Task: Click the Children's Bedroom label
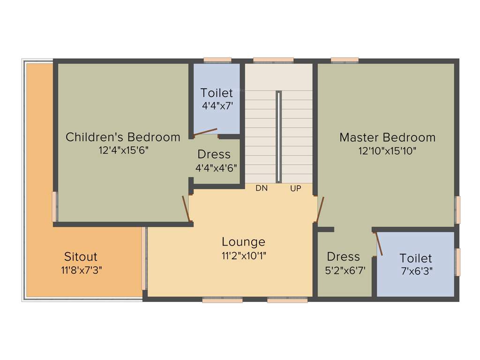tap(123, 137)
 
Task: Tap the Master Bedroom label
tap(387, 137)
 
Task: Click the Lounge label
tap(243, 242)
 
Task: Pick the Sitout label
tap(81, 257)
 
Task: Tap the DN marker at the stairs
tap(261, 188)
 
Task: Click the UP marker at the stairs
tap(295, 188)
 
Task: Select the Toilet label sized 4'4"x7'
tap(217, 93)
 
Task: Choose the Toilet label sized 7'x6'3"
tap(416, 258)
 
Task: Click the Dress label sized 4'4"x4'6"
tap(214, 154)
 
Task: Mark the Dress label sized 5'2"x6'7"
tap(344, 256)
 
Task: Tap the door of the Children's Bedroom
tap(186, 208)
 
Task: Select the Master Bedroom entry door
tap(321, 209)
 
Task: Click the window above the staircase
tap(273, 60)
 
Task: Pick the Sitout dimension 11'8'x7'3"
tap(81, 270)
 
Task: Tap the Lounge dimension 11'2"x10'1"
tap(243, 255)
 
